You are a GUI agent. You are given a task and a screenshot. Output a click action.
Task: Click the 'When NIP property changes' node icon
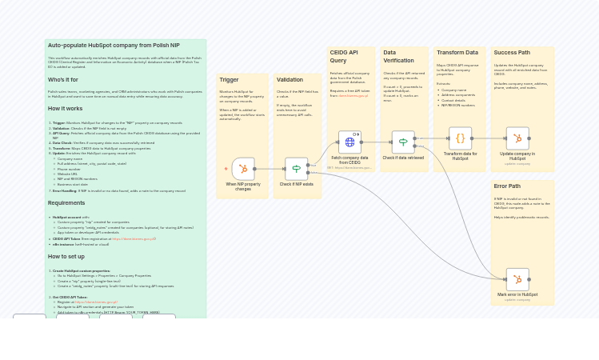point(243,169)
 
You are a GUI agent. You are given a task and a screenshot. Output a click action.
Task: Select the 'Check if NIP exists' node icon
point(296,169)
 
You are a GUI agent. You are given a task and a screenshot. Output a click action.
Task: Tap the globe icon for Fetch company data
point(349,142)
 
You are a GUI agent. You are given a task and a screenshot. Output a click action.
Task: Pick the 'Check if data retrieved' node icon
point(403,142)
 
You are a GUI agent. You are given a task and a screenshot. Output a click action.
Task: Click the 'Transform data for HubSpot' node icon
point(460,138)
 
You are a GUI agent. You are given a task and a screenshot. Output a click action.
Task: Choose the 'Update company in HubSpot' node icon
point(517,138)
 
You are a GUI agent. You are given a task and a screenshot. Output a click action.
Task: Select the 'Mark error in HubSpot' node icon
point(517,279)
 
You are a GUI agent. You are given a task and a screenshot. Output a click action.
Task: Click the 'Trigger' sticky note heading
point(229,80)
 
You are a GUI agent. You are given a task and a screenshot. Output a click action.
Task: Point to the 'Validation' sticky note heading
point(290,80)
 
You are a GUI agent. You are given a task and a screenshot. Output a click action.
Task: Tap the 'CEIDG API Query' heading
point(344,56)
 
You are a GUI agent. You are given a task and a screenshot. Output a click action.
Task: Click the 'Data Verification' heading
point(399,56)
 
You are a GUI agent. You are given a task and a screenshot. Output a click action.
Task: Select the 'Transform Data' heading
point(457,53)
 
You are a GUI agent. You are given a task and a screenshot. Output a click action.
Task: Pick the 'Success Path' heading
point(512,53)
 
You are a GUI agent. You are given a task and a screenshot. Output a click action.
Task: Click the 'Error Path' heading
point(507,186)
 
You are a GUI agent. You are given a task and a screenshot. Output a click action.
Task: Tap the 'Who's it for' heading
point(63,79)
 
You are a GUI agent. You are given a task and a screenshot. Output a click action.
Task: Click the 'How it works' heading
point(65,108)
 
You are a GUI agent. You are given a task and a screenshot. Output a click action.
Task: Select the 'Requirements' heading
point(66,203)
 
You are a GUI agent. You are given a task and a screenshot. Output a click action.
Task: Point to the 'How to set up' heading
point(66,257)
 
